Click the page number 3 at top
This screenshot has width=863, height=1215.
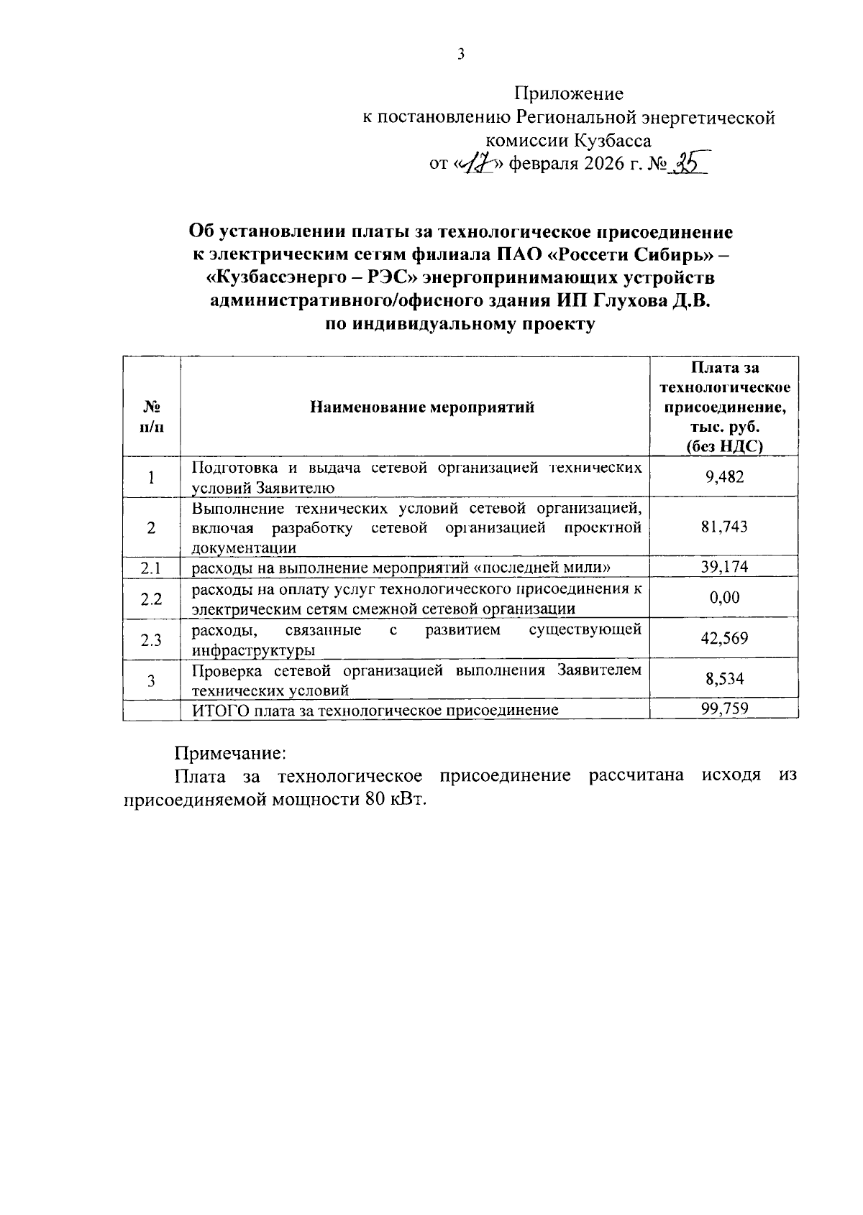coord(461,55)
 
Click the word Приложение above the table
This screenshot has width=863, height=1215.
coord(568,94)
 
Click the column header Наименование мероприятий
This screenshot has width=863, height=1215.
coord(422,407)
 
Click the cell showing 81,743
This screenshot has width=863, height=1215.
coord(724,527)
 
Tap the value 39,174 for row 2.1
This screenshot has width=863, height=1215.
coord(724,567)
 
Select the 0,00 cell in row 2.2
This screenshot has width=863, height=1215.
coord(724,598)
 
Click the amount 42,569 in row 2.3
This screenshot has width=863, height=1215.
coord(724,638)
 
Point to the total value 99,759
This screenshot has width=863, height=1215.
coord(724,709)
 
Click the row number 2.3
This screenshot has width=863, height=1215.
coord(151,639)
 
